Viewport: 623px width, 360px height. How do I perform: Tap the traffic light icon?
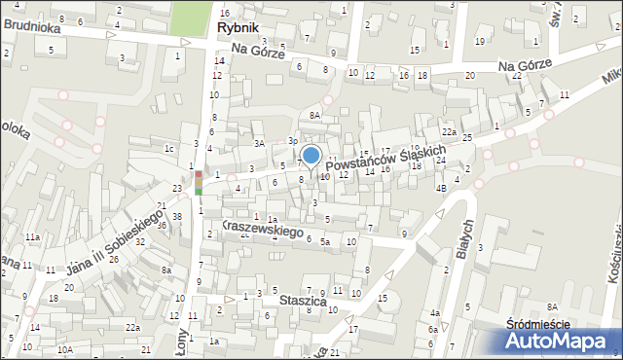[199, 183]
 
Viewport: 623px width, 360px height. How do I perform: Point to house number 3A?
[260, 143]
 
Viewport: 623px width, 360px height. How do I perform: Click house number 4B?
[441, 188]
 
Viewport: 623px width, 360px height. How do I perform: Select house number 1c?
[168, 149]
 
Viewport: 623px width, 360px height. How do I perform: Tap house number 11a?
[32, 236]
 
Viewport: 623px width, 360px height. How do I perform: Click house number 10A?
[65, 348]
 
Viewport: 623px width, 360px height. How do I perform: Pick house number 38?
[177, 216]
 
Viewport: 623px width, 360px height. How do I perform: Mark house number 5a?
[327, 241]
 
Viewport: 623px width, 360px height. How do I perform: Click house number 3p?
[292, 141]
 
